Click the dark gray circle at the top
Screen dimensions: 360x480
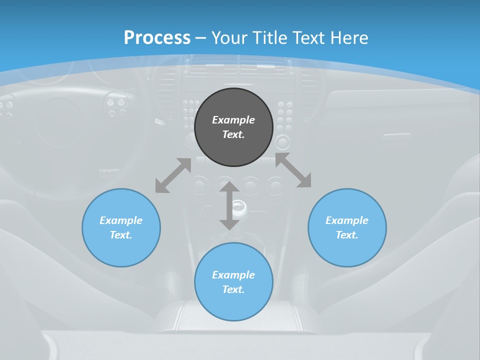pyautogui.click(x=233, y=127)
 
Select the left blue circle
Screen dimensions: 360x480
pyautogui.click(x=121, y=227)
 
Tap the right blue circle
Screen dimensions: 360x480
pyautogui.click(x=347, y=227)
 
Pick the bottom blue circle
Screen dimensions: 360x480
pyautogui.click(x=233, y=282)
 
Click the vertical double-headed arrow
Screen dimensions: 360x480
pyautogui.click(x=229, y=205)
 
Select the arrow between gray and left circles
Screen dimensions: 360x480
pyautogui.click(x=173, y=175)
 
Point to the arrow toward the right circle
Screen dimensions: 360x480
pyautogui.click(x=293, y=170)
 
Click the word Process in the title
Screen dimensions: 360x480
pyautogui.click(x=157, y=37)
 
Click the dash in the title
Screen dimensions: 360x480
pyautogui.click(x=200, y=38)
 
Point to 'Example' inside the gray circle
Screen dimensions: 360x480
pyautogui.click(x=233, y=120)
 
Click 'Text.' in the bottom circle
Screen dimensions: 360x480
pyautogui.click(x=233, y=289)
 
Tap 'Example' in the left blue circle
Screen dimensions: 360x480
pyautogui.click(x=121, y=220)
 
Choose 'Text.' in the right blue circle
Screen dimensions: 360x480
pyautogui.click(x=347, y=235)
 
